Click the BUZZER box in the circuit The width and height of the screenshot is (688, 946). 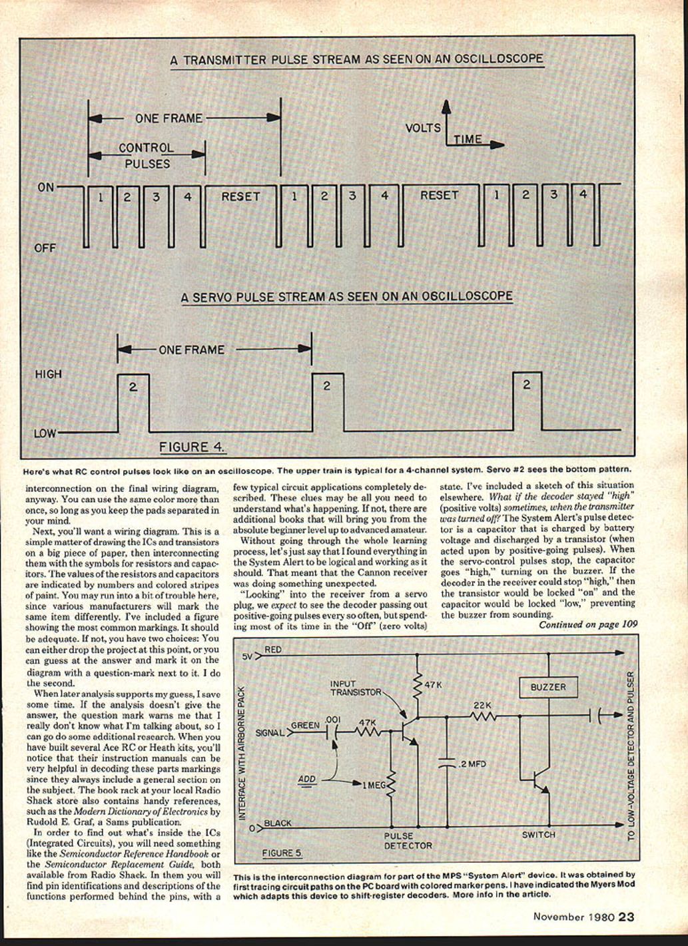coord(548,687)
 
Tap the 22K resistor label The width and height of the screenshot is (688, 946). coord(482,705)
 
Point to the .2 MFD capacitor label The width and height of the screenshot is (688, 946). coord(472,764)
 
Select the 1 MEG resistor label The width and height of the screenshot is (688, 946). coord(374,785)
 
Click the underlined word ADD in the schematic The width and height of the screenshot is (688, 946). coord(306,779)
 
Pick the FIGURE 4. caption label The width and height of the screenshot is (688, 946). coord(191,446)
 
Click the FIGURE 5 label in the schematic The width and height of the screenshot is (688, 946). coord(282,853)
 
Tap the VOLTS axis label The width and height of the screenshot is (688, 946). coord(423,128)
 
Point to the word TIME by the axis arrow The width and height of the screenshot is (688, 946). coord(468,139)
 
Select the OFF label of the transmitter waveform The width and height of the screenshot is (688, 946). coord(45,248)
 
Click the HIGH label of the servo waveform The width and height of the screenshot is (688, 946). coord(48,374)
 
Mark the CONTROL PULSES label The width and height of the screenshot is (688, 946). coord(147,156)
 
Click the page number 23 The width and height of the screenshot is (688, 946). coord(626,916)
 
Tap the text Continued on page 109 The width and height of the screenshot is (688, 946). coord(587,624)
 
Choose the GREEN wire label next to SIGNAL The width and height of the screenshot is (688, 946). coord(305,725)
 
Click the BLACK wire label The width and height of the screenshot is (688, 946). coord(278,823)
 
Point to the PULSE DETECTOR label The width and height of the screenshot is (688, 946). coord(408,840)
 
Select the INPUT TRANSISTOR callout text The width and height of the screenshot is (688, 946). coord(355,688)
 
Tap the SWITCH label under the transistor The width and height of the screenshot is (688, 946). coord(538,834)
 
